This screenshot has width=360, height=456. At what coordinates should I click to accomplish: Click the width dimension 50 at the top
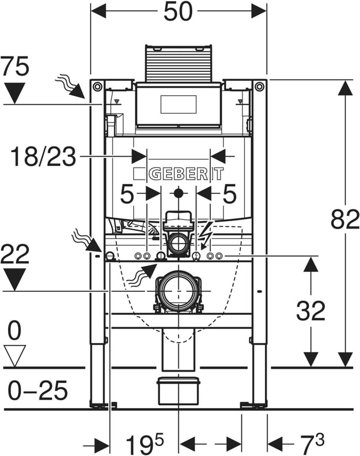(x=178, y=12)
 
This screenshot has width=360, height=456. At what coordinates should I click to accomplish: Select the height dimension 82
(x=345, y=219)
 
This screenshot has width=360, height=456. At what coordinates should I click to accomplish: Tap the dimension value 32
(x=310, y=311)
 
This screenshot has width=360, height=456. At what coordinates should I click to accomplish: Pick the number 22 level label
(x=15, y=254)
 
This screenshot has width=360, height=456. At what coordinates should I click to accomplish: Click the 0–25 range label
(x=38, y=391)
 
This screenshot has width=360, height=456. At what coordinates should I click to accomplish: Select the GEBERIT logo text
(x=178, y=174)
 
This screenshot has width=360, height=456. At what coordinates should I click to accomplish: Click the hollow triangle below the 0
(x=14, y=356)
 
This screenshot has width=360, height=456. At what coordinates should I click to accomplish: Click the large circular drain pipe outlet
(x=178, y=291)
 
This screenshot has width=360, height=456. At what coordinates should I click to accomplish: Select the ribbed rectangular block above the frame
(x=178, y=62)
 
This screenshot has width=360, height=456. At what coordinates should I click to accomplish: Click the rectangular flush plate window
(x=178, y=104)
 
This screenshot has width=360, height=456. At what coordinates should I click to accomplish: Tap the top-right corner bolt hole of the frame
(x=260, y=87)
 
